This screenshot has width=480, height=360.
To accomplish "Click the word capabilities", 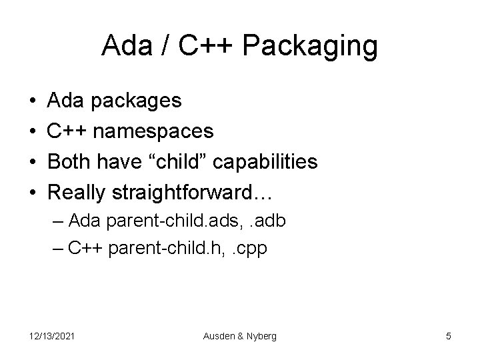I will click(272, 161).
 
